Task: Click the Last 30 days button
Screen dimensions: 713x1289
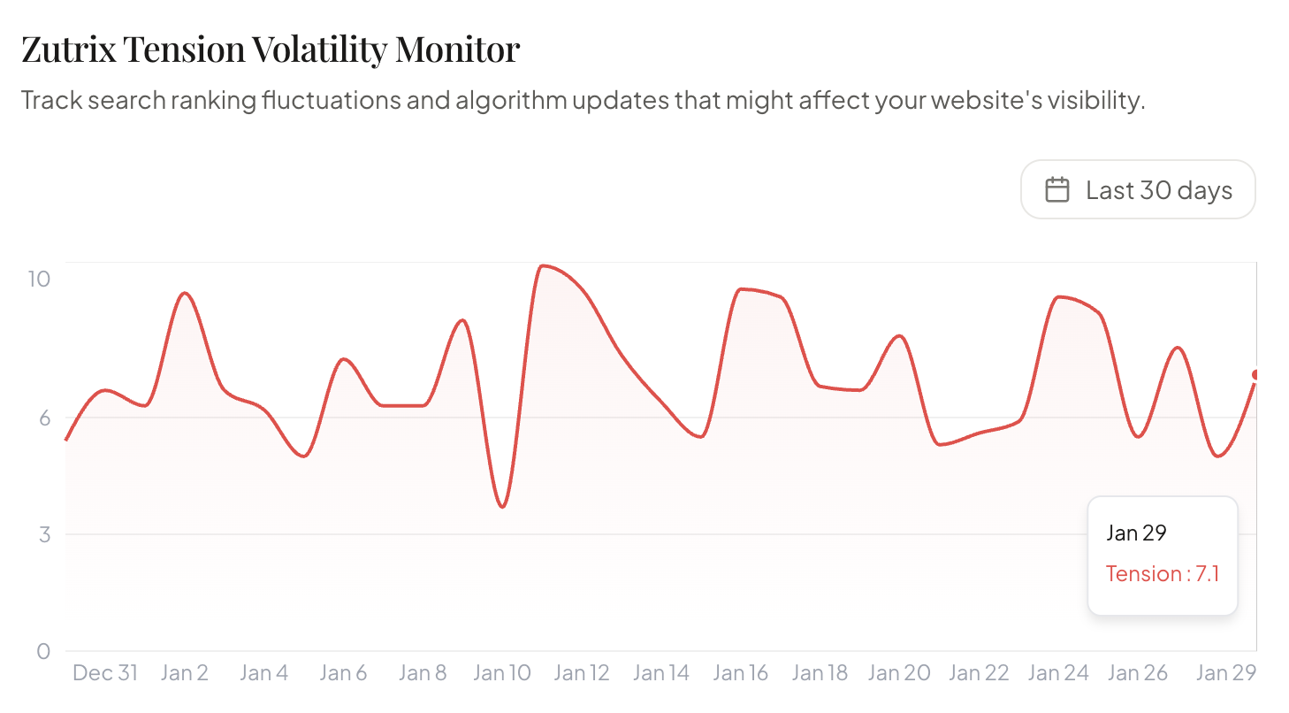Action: tap(1138, 189)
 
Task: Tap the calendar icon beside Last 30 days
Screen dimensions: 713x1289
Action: tap(1057, 189)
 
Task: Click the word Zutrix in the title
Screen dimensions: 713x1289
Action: tap(67, 50)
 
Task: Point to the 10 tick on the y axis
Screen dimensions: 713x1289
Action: tap(39, 279)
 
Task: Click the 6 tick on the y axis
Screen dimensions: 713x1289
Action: tap(43, 418)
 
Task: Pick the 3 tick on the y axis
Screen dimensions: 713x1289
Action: tap(43, 534)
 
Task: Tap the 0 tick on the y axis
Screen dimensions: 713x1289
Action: tap(43, 651)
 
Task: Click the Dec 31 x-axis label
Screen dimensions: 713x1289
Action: tap(105, 673)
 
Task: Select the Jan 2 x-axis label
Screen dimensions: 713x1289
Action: tap(185, 673)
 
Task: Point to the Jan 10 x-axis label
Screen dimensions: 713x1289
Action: tap(502, 673)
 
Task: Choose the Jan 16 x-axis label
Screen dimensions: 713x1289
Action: tap(741, 673)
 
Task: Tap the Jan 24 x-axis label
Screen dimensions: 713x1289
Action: tap(1058, 673)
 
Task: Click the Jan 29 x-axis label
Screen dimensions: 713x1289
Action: tap(1225, 673)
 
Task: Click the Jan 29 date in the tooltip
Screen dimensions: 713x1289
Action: tap(1136, 533)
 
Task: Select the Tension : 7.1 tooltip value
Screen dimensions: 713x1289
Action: tap(1163, 574)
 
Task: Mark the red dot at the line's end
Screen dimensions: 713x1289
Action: tap(1255, 375)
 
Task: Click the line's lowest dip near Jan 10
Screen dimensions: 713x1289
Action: tap(502, 507)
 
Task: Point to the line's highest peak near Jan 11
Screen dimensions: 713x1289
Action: tap(542, 265)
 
